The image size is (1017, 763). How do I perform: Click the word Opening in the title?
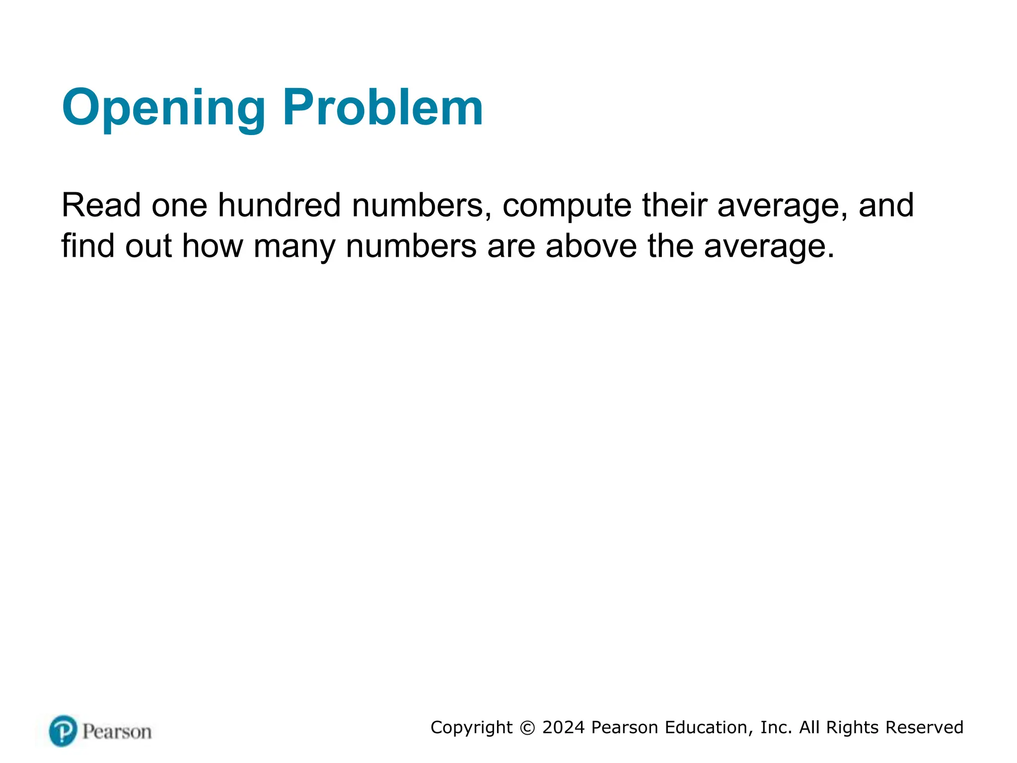(163, 108)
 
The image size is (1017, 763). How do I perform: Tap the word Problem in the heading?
(383, 107)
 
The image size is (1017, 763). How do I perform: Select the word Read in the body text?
(101, 205)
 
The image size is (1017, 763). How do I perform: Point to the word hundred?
(279, 205)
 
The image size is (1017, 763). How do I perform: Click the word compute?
(567, 206)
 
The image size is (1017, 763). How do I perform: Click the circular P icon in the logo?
(63, 731)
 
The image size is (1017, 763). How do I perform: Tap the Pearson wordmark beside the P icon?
(117, 732)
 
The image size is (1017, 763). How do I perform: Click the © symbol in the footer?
(527, 728)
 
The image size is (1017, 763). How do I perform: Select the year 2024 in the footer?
(563, 727)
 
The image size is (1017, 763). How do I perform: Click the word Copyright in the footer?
(471, 728)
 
